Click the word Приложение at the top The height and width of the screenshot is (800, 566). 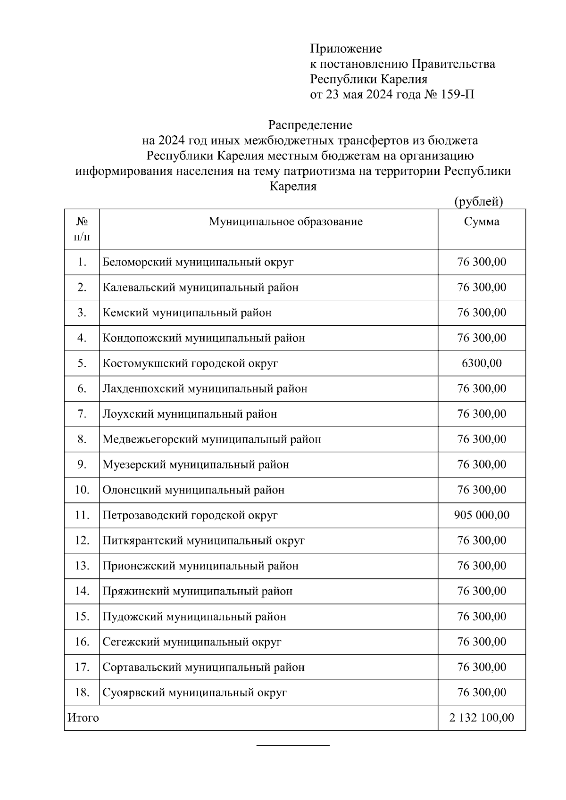click(x=346, y=49)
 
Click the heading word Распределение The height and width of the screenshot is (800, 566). click(x=310, y=125)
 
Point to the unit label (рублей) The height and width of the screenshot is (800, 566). click(x=478, y=202)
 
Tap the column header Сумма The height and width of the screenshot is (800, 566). click(x=482, y=222)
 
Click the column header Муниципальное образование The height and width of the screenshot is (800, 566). click(x=286, y=222)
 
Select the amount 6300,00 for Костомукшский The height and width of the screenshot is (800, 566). click(x=482, y=363)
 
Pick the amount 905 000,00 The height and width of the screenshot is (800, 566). click(x=482, y=515)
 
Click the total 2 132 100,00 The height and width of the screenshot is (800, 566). click(x=482, y=718)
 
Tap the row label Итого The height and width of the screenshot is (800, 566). click(x=83, y=718)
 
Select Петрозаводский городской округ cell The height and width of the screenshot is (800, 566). click(x=190, y=515)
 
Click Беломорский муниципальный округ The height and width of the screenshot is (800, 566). click(x=198, y=262)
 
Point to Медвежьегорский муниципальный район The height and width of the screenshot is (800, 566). click(x=212, y=439)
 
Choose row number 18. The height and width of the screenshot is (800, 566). click(x=82, y=693)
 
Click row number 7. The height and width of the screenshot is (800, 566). click(x=82, y=414)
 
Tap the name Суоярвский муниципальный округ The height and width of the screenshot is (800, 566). click(x=194, y=693)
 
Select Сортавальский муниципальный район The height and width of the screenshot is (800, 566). click(x=203, y=668)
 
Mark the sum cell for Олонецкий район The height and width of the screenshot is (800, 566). click(x=482, y=490)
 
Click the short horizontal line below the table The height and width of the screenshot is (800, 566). click(x=293, y=745)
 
